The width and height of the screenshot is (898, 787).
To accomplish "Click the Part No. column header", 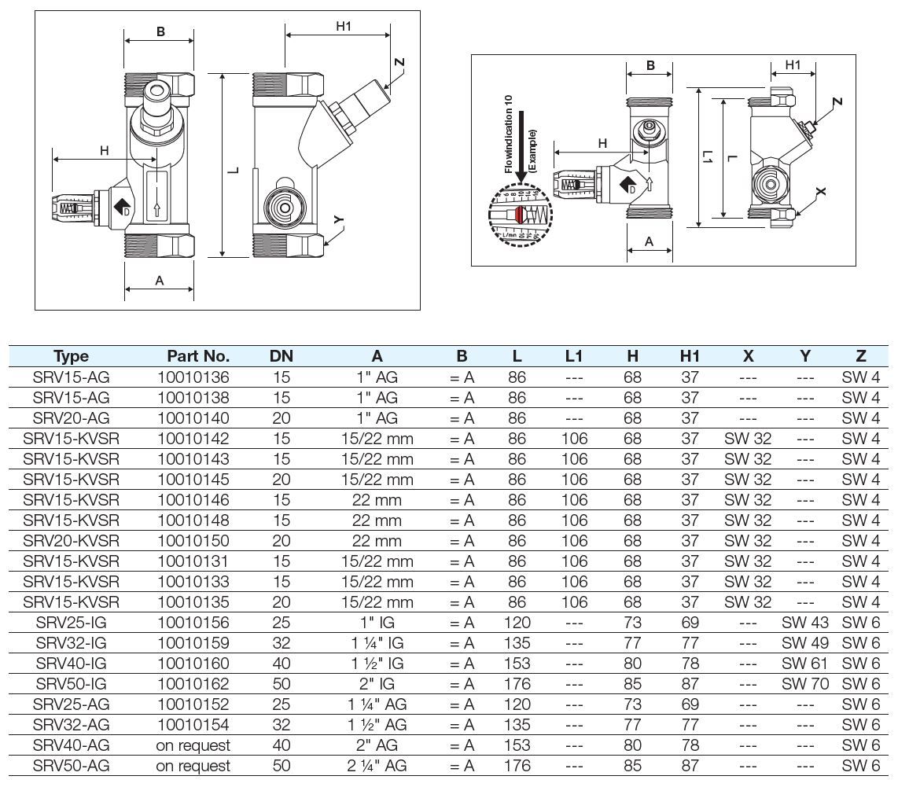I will coord(198,356).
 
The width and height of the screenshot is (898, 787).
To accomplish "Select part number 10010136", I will coord(193,377).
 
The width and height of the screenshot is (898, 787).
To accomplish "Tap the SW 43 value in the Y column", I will coord(805,623).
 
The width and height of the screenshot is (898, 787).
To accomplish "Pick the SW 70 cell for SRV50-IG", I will coord(805,684).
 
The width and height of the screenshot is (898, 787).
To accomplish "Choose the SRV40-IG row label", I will coord(71,664).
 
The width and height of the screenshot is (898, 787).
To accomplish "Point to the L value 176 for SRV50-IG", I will coord(517,684).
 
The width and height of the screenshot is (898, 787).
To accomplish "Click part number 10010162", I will coord(193,684).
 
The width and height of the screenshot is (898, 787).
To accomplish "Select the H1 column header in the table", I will coord(690,356).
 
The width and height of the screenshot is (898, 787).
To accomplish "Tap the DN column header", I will coord(282,356).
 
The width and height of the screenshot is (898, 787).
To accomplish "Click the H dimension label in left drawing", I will coord(104,150).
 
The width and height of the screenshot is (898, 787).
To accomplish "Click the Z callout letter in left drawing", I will coord(399,62).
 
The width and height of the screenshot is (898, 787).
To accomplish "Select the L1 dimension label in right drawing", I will coord(707,156).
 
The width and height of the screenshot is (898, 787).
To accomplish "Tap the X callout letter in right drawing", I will coord(821,191).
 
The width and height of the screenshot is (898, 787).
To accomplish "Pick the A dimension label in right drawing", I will coord(649,241).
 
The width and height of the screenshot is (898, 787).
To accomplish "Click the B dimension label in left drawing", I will coord(160,32).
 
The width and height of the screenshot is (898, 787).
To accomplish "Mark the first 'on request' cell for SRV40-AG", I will coord(193,745).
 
